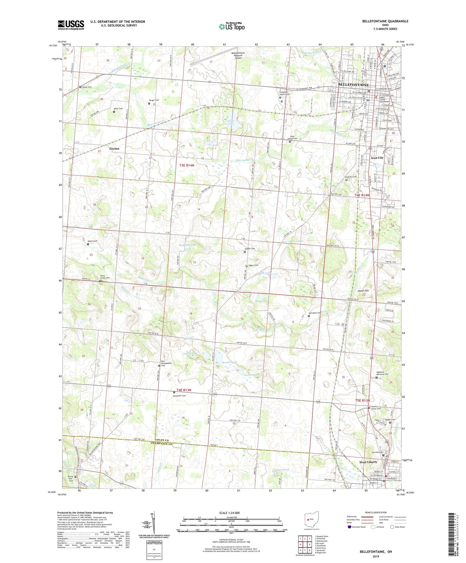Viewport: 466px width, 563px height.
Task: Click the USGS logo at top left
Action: [71, 25]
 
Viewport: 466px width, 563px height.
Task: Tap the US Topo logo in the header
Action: [232, 26]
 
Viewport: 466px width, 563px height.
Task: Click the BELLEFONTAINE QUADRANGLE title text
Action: [385, 21]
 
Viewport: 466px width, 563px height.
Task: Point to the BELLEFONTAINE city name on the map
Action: [353, 84]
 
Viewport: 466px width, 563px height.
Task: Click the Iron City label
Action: [377, 158]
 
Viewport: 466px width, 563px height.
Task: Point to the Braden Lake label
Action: [230, 362]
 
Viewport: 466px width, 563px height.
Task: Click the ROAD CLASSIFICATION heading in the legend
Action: [376, 512]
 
